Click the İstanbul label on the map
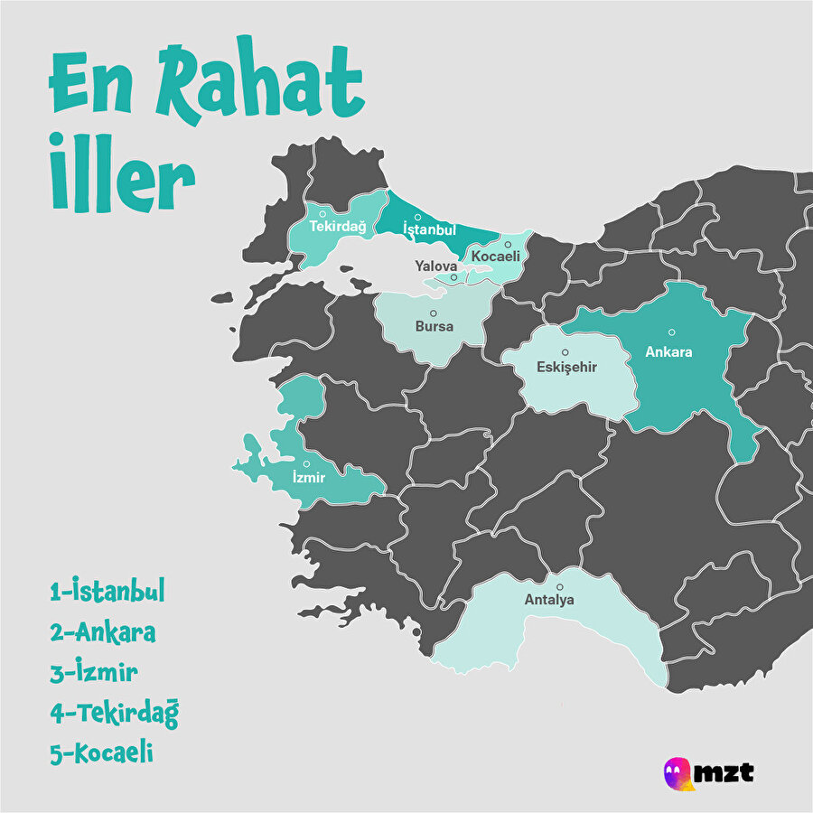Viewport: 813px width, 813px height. point(429,230)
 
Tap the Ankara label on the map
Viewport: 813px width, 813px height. point(668,351)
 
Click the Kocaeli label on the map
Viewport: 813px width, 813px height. point(496,257)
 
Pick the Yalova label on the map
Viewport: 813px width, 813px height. point(436,266)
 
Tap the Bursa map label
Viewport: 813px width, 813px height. point(434,325)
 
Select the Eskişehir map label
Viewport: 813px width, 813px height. point(566,367)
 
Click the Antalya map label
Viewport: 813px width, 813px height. point(549,599)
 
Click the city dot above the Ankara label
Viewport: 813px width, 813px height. point(671,332)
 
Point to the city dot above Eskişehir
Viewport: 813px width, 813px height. point(565,352)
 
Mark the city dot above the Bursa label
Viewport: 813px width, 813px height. point(433,313)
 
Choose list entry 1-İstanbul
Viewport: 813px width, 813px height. point(107,593)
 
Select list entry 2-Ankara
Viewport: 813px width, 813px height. point(103,632)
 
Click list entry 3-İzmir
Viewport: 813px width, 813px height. point(94,672)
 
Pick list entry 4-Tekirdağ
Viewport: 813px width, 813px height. point(115,713)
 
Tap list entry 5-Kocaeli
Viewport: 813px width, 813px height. point(101,752)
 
